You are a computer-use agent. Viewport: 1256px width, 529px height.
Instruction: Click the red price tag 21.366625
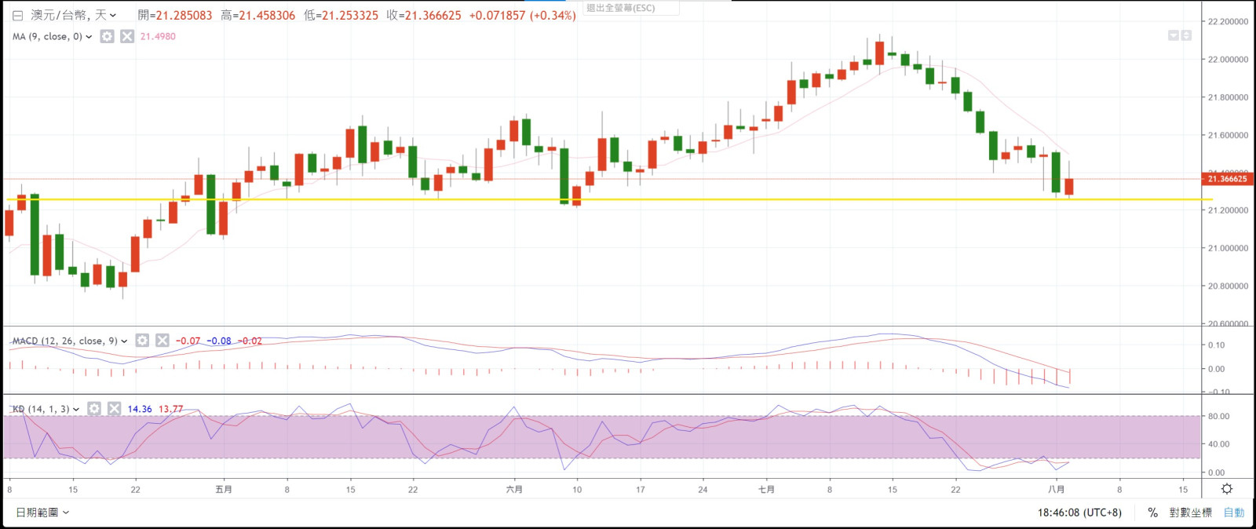tap(1227, 179)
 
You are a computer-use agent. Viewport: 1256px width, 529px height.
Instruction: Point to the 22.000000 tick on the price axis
tap(1229, 60)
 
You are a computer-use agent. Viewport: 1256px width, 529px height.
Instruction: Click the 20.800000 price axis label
tap(1229, 286)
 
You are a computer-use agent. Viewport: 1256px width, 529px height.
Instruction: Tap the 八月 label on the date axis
tap(1057, 490)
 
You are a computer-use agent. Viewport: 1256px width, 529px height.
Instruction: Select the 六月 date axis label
tap(514, 490)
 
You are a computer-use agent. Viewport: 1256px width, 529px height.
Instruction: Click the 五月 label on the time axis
tap(224, 490)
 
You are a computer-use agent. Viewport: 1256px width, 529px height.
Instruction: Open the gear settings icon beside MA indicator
tap(108, 37)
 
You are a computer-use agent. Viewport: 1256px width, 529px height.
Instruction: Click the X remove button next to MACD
tap(162, 341)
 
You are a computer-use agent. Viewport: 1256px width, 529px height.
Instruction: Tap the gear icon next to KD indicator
tap(94, 409)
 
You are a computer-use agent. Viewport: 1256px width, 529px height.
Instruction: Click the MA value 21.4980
tap(158, 37)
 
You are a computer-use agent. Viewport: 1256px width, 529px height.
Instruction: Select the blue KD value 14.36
tap(140, 409)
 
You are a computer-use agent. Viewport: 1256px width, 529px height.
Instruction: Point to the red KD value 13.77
tap(170, 409)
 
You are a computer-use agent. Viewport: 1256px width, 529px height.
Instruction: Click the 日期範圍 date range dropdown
tap(42, 513)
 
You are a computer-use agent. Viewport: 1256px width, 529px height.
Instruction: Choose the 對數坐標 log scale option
tap(1190, 513)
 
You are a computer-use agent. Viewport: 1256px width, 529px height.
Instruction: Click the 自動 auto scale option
tap(1234, 513)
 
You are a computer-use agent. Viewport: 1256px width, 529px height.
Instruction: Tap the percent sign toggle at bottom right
tap(1152, 513)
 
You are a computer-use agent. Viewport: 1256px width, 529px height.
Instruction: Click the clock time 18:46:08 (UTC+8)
tap(1079, 513)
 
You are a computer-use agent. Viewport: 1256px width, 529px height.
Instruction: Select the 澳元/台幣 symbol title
tap(59, 15)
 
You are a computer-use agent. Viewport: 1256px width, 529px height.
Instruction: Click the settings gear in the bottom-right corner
tap(1227, 489)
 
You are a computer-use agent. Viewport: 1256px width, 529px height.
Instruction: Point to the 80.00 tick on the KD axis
tap(1219, 417)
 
